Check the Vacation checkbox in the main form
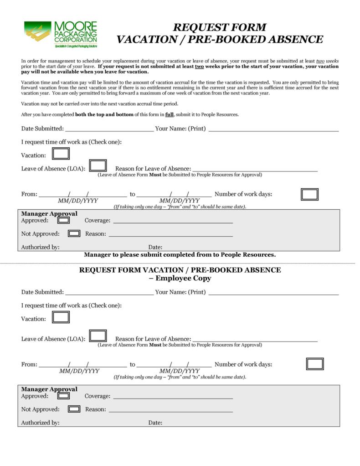click(61, 154)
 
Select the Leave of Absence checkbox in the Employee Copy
click(98, 336)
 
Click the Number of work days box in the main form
click(309, 194)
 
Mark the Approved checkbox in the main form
click(64, 220)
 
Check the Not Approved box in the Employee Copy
click(74, 409)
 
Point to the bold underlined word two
click(199, 66)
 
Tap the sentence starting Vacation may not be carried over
click(100, 104)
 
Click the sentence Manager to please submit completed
click(180, 254)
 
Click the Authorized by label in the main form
click(40, 247)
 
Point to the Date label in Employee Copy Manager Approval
click(155, 423)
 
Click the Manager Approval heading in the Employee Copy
click(49, 389)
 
